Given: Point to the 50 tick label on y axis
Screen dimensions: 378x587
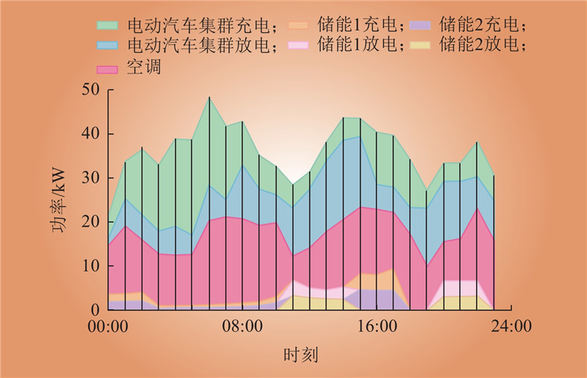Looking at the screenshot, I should point(91,90).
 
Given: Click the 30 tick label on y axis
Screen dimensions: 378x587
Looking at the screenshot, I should point(91,178).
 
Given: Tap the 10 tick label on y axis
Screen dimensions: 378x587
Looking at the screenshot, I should point(91,266).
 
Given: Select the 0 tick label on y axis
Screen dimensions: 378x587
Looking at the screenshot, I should point(95,310).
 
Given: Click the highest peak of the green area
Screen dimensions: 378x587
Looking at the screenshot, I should point(209,97).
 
